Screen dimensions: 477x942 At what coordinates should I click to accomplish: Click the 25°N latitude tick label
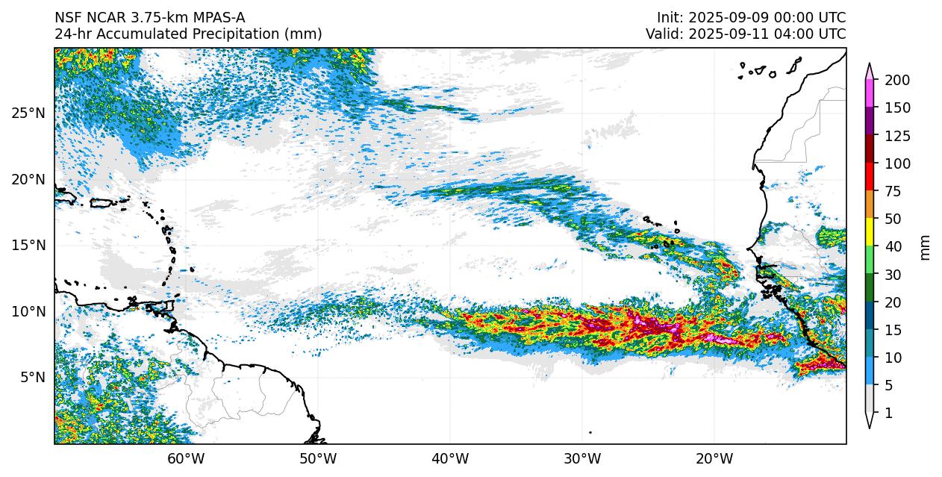tap(28, 113)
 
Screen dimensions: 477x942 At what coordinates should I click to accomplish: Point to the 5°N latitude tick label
tap(31, 378)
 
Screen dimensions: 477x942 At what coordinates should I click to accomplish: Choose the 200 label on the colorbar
tap(896, 81)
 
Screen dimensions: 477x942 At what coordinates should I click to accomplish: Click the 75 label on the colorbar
tap(893, 192)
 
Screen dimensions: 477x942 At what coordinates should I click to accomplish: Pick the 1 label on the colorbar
tap(888, 414)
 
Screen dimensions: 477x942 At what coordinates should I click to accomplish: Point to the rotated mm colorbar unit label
tap(926, 247)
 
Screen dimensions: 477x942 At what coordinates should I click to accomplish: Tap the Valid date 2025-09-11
tap(729, 34)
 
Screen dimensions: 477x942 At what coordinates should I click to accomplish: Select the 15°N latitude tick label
tap(28, 246)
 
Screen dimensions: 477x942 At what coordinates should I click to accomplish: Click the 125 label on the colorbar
tap(896, 137)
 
